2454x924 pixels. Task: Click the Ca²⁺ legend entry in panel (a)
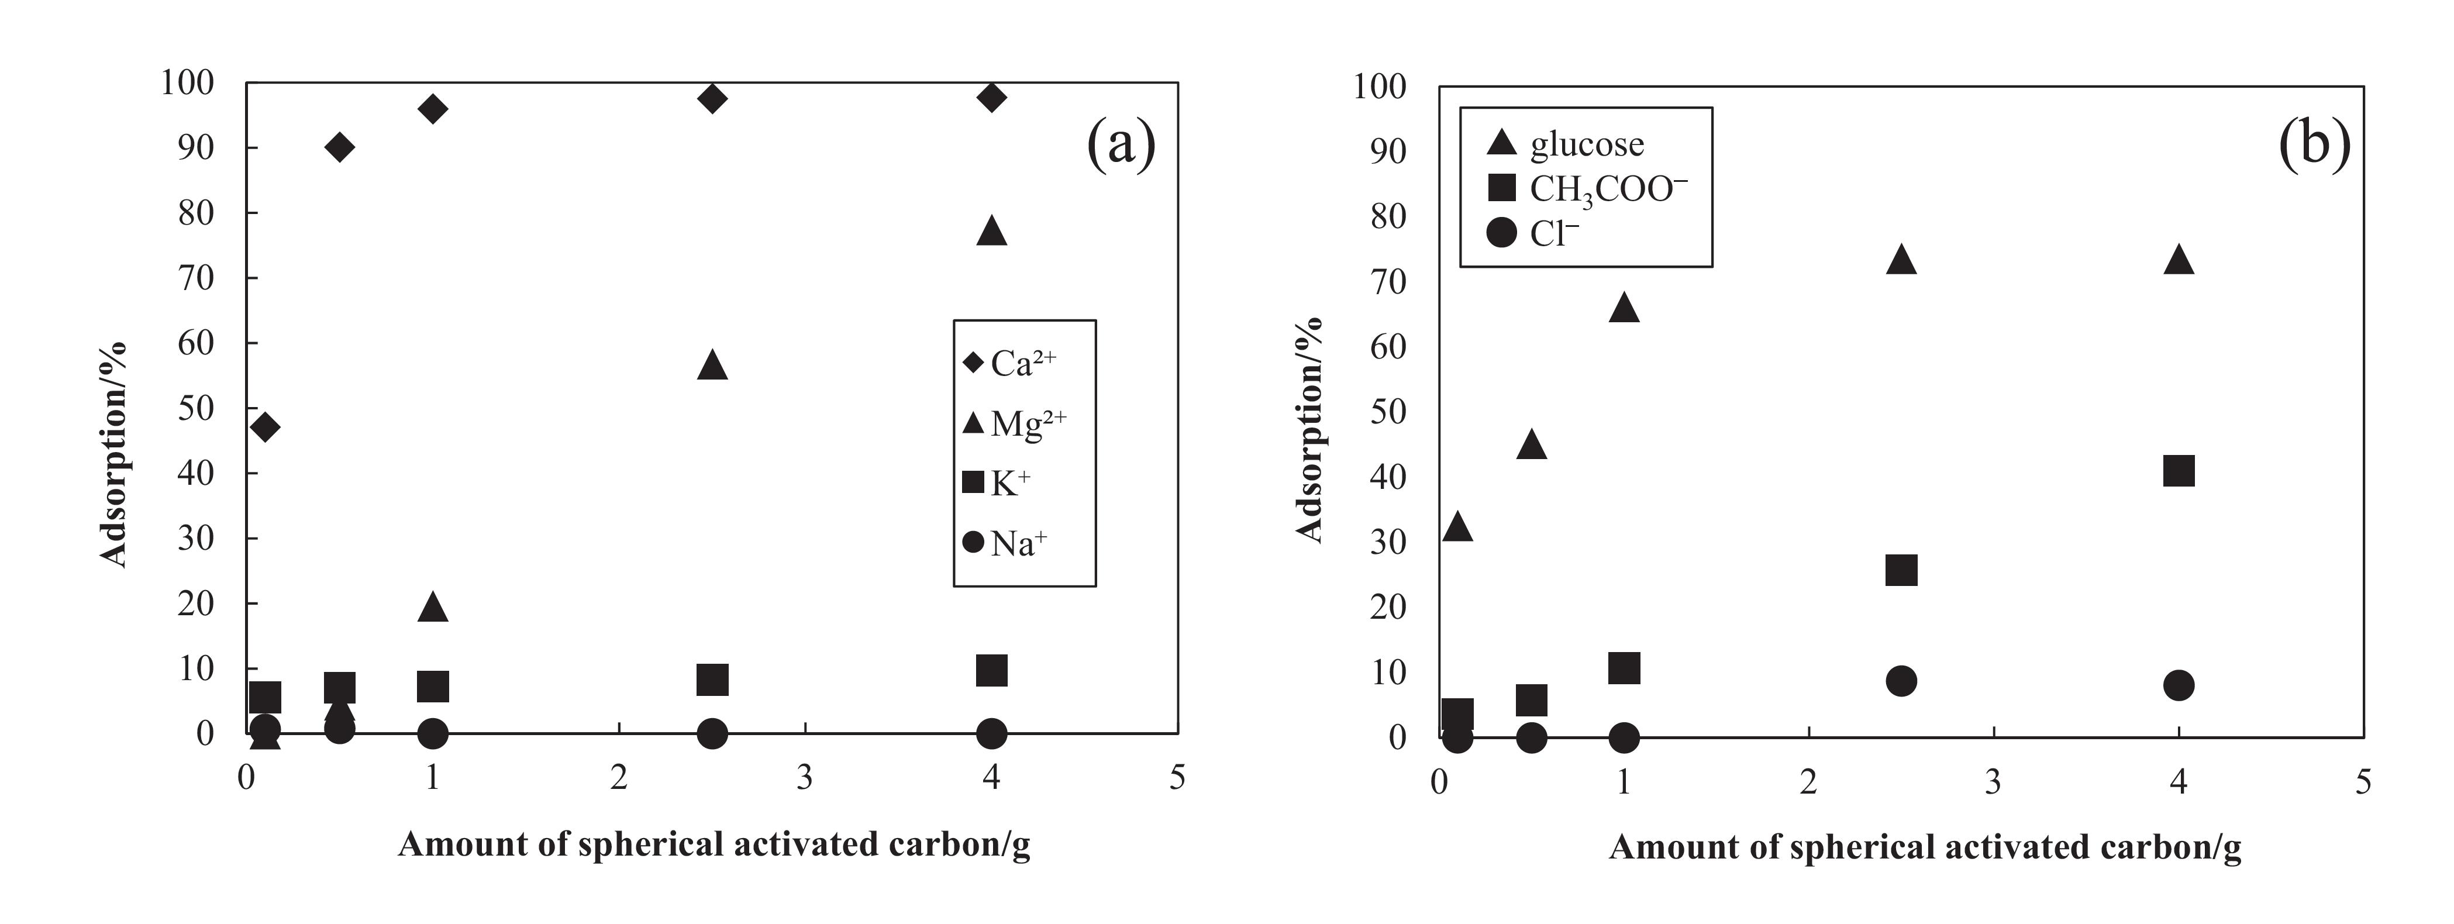click(x=1010, y=363)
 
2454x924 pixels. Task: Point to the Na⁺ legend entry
click(x=1005, y=543)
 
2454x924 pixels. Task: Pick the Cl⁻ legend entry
click(x=1533, y=232)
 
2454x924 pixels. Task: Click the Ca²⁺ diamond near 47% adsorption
click(x=265, y=427)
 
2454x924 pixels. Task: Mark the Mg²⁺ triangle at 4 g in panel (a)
click(x=992, y=230)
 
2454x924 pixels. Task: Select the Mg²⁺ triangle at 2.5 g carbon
click(x=712, y=365)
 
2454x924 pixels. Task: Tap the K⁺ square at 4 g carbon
click(x=992, y=671)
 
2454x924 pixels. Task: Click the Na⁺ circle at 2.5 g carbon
click(x=712, y=733)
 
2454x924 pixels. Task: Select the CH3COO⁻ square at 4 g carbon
click(x=2179, y=471)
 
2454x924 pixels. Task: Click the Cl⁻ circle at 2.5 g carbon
click(x=1901, y=680)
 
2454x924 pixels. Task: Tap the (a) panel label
click(x=1121, y=145)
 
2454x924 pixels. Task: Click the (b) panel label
click(x=2315, y=145)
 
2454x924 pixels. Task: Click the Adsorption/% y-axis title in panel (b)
click(x=1312, y=430)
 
